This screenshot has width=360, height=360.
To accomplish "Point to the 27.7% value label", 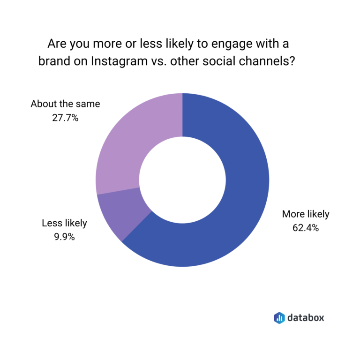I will (65, 118).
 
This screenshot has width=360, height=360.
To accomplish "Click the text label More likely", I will (306, 214).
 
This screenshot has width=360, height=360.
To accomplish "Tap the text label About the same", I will (65, 104).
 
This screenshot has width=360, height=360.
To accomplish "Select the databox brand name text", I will (306, 317).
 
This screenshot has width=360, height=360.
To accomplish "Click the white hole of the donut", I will (182, 180).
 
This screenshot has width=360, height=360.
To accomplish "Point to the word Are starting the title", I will (57, 45).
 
